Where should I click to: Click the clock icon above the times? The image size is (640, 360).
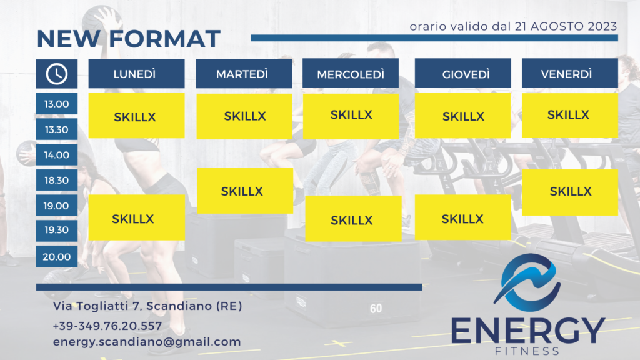[57, 74]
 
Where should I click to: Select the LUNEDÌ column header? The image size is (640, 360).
[136, 74]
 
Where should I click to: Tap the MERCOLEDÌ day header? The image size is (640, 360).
[351, 73]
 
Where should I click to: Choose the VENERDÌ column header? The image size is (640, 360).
[570, 73]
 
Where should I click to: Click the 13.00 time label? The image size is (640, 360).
[57, 104]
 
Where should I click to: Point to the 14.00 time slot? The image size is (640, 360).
[57, 155]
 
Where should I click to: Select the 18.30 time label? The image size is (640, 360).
[57, 180]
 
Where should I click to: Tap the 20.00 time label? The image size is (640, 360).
[57, 257]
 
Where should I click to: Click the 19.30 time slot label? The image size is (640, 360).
[57, 230]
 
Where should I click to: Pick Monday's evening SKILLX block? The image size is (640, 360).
[137, 217]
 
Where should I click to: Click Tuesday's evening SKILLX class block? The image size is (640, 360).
[245, 191]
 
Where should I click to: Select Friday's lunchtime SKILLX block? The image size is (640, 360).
[570, 115]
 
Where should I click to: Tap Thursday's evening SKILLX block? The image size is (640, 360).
[463, 217]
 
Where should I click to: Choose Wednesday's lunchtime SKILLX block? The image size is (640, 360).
[351, 116]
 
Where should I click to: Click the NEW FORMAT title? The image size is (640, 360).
[129, 39]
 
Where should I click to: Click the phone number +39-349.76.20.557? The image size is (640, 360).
[107, 326]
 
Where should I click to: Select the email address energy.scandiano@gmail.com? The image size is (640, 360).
[147, 342]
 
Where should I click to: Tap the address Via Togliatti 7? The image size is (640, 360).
[96, 306]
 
